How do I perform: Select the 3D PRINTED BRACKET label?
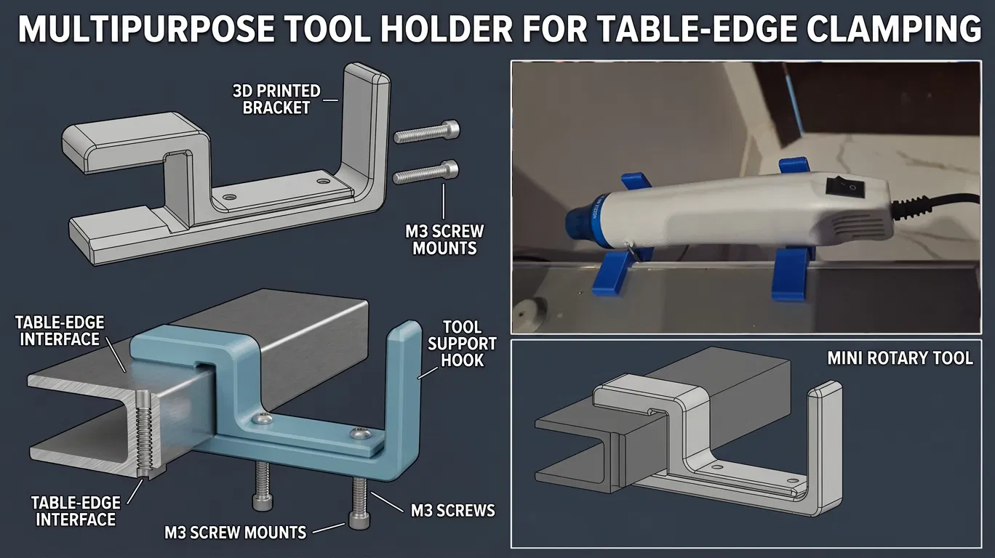click(276, 100)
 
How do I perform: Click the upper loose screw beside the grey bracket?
click(426, 132)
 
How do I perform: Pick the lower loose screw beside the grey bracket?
click(425, 172)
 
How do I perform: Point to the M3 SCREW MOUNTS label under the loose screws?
click(444, 240)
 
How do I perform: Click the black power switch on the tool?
click(846, 187)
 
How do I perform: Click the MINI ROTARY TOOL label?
click(900, 358)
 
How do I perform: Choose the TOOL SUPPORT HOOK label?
click(462, 344)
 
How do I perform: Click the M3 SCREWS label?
click(452, 511)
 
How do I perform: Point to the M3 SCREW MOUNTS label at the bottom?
click(236, 533)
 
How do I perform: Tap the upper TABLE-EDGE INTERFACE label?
click(60, 331)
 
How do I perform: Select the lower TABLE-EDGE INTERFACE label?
click(76, 511)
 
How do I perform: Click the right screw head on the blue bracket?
click(360, 433)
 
